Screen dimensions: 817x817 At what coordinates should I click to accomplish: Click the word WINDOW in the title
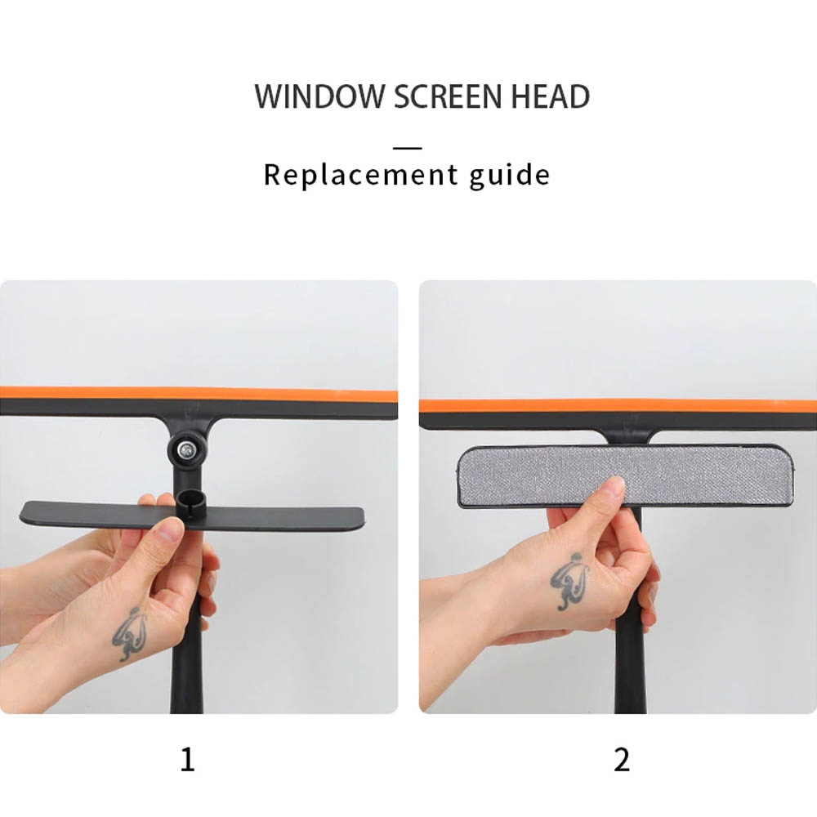click(x=319, y=96)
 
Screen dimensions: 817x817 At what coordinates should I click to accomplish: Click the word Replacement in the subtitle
click(x=360, y=175)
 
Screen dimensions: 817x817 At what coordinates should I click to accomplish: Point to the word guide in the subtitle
click(x=509, y=176)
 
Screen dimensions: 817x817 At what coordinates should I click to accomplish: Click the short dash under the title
click(x=408, y=148)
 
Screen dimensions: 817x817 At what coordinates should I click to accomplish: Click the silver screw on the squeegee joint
click(x=185, y=449)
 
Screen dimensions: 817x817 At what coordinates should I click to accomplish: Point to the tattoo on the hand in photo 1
click(x=128, y=632)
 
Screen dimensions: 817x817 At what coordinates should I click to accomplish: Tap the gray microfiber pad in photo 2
click(x=625, y=475)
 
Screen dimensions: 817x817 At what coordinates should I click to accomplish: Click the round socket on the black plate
click(x=190, y=502)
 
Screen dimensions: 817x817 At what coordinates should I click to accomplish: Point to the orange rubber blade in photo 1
click(x=199, y=393)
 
